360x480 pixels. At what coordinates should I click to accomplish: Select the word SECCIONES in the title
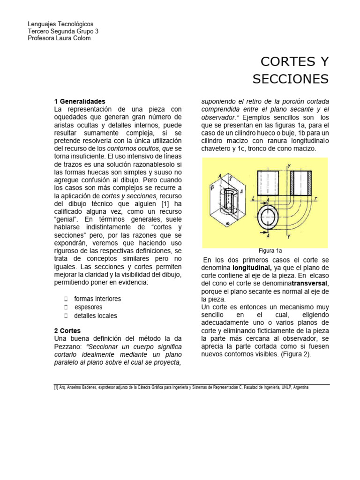pos(291,79)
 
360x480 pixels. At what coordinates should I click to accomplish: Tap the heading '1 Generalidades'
pos(80,101)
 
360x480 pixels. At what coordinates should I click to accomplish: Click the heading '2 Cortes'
pos(67,330)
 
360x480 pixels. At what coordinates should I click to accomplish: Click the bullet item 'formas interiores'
pos(97,299)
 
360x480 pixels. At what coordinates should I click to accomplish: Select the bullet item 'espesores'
pos(89,307)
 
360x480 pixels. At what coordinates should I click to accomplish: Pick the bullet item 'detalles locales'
pos(96,315)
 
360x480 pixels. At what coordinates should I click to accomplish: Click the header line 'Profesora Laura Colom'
pos(59,38)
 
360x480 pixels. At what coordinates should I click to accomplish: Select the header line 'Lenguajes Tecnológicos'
pos(60,23)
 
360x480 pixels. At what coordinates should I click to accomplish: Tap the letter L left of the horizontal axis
pos(253,199)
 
